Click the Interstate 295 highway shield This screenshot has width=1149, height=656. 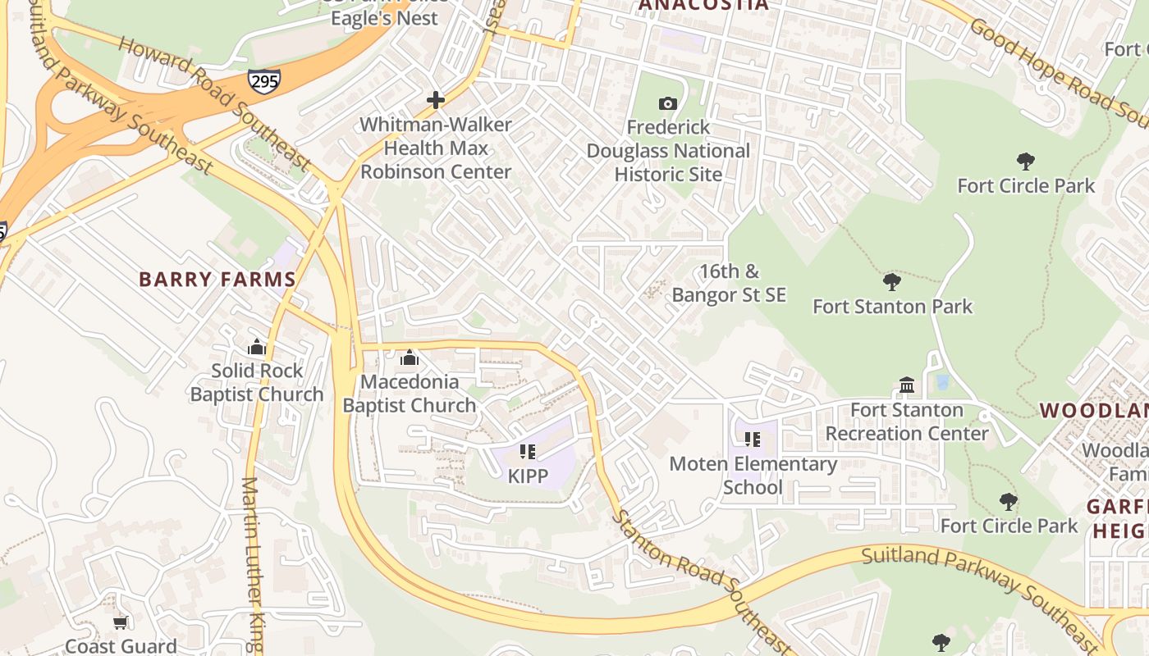point(263,80)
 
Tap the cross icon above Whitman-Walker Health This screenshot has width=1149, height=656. point(436,101)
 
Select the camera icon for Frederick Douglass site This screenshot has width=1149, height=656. point(668,103)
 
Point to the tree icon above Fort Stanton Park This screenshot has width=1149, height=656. point(892,282)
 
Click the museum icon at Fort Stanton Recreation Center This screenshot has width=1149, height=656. point(907,385)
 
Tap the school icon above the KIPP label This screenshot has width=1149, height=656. point(528,452)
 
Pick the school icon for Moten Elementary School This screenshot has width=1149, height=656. point(753,440)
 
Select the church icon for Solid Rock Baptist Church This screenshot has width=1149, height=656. point(257,347)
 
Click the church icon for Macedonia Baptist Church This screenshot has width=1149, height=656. point(409,358)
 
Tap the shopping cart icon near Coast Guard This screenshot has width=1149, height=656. point(121,623)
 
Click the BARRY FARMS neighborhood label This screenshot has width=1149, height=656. point(217,280)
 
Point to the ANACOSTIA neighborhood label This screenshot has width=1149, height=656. point(703,5)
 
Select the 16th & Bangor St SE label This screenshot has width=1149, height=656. point(729,283)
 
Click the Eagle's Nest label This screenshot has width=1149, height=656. point(384,17)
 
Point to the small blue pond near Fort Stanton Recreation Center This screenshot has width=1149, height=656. point(942,382)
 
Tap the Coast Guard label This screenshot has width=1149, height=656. point(121,646)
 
